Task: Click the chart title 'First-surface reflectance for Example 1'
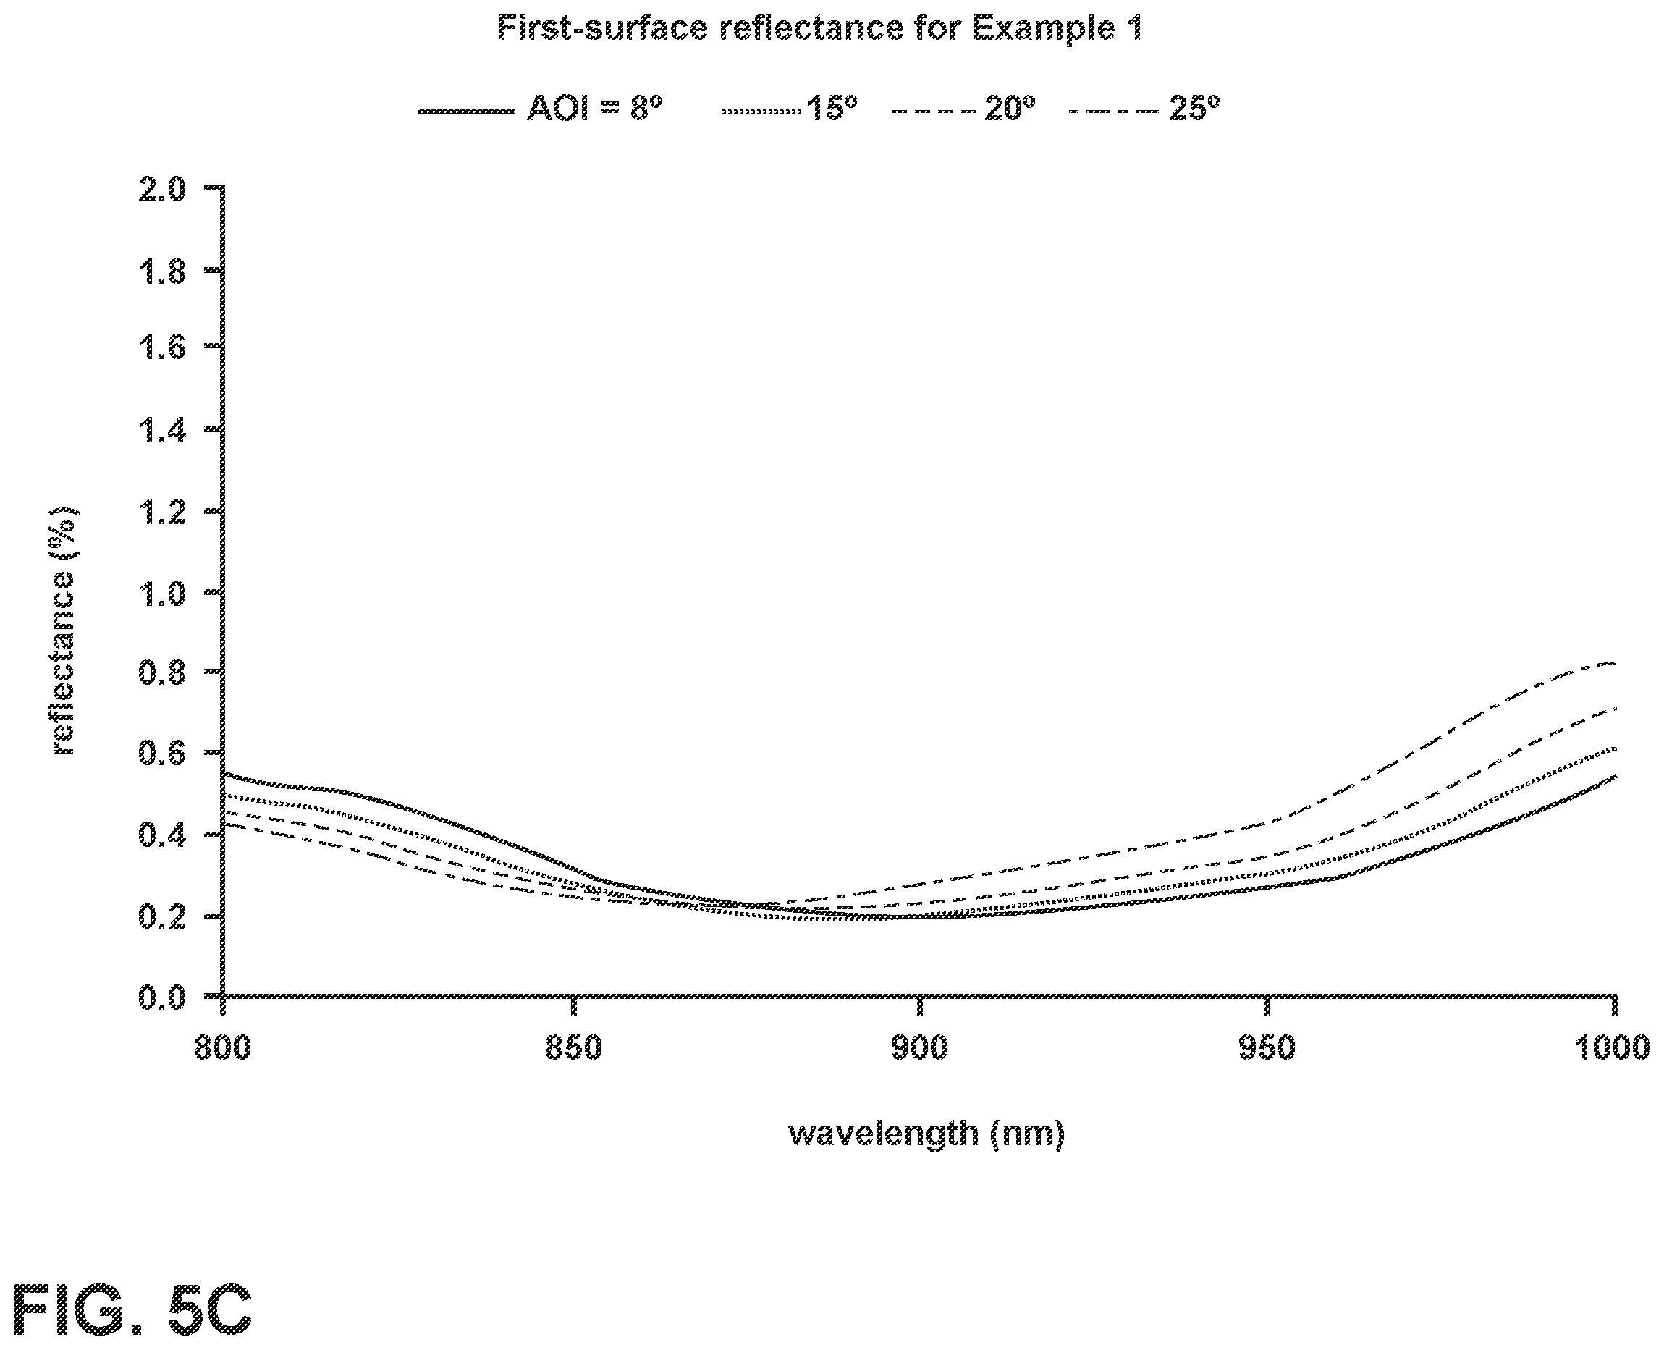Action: pos(819,30)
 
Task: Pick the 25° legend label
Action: pos(1194,108)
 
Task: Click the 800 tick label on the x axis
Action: pos(222,1047)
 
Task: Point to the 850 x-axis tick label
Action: pos(574,1047)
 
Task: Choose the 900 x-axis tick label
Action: pos(920,1047)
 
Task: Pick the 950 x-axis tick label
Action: pos(1267,1047)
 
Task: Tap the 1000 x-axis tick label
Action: pos(1612,1047)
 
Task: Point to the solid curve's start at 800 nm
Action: pos(224,775)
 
